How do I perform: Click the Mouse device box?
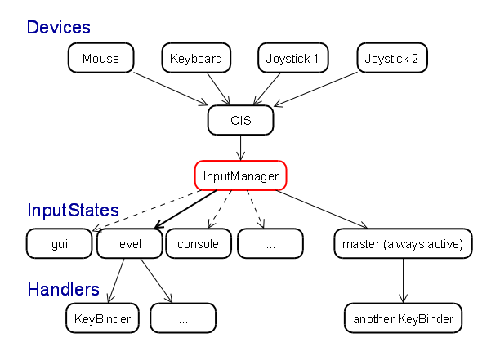pyautogui.click(x=100, y=58)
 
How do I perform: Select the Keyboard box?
pyautogui.click(x=196, y=58)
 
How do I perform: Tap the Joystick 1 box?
pyautogui.click(x=293, y=58)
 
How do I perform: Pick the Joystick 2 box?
pyautogui.click(x=392, y=58)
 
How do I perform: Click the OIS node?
pyautogui.click(x=241, y=120)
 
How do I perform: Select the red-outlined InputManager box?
pyautogui.click(x=241, y=176)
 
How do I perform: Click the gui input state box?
pyautogui.click(x=60, y=243)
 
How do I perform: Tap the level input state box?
pyautogui.click(x=129, y=243)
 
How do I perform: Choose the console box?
pyautogui.click(x=199, y=243)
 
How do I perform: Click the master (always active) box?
pyautogui.click(x=403, y=243)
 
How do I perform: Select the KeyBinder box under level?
pyautogui.click(x=102, y=318)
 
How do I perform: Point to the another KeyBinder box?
pyautogui.click(x=403, y=318)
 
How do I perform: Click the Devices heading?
pyautogui.click(x=59, y=28)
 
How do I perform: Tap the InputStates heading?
pyautogui.click(x=73, y=211)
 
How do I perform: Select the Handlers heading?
pyautogui.click(x=64, y=289)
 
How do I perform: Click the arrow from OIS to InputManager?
pyautogui.click(x=241, y=148)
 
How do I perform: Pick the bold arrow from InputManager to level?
pyautogui.click(x=185, y=209)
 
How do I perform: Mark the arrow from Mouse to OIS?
pyautogui.click(x=171, y=89)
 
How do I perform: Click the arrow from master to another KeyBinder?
pyautogui.click(x=403, y=281)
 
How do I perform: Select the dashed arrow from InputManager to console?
pyautogui.click(x=220, y=209)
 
